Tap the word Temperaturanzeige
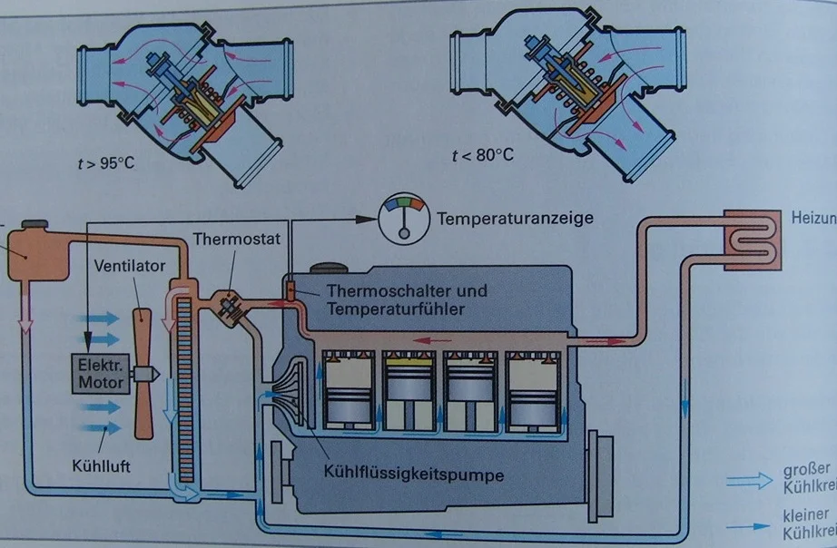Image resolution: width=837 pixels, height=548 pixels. tap(515, 220)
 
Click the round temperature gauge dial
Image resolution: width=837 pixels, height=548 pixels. tap(401, 220)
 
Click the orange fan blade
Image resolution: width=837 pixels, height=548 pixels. tap(143, 373)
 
